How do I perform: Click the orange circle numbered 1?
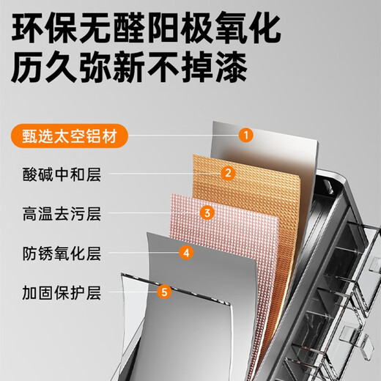coord(247,134)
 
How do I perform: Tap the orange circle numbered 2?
coord(228,174)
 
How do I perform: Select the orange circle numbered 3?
coord(207,213)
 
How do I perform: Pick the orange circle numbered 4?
coord(186,253)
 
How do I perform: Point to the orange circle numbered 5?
coord(165,292)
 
